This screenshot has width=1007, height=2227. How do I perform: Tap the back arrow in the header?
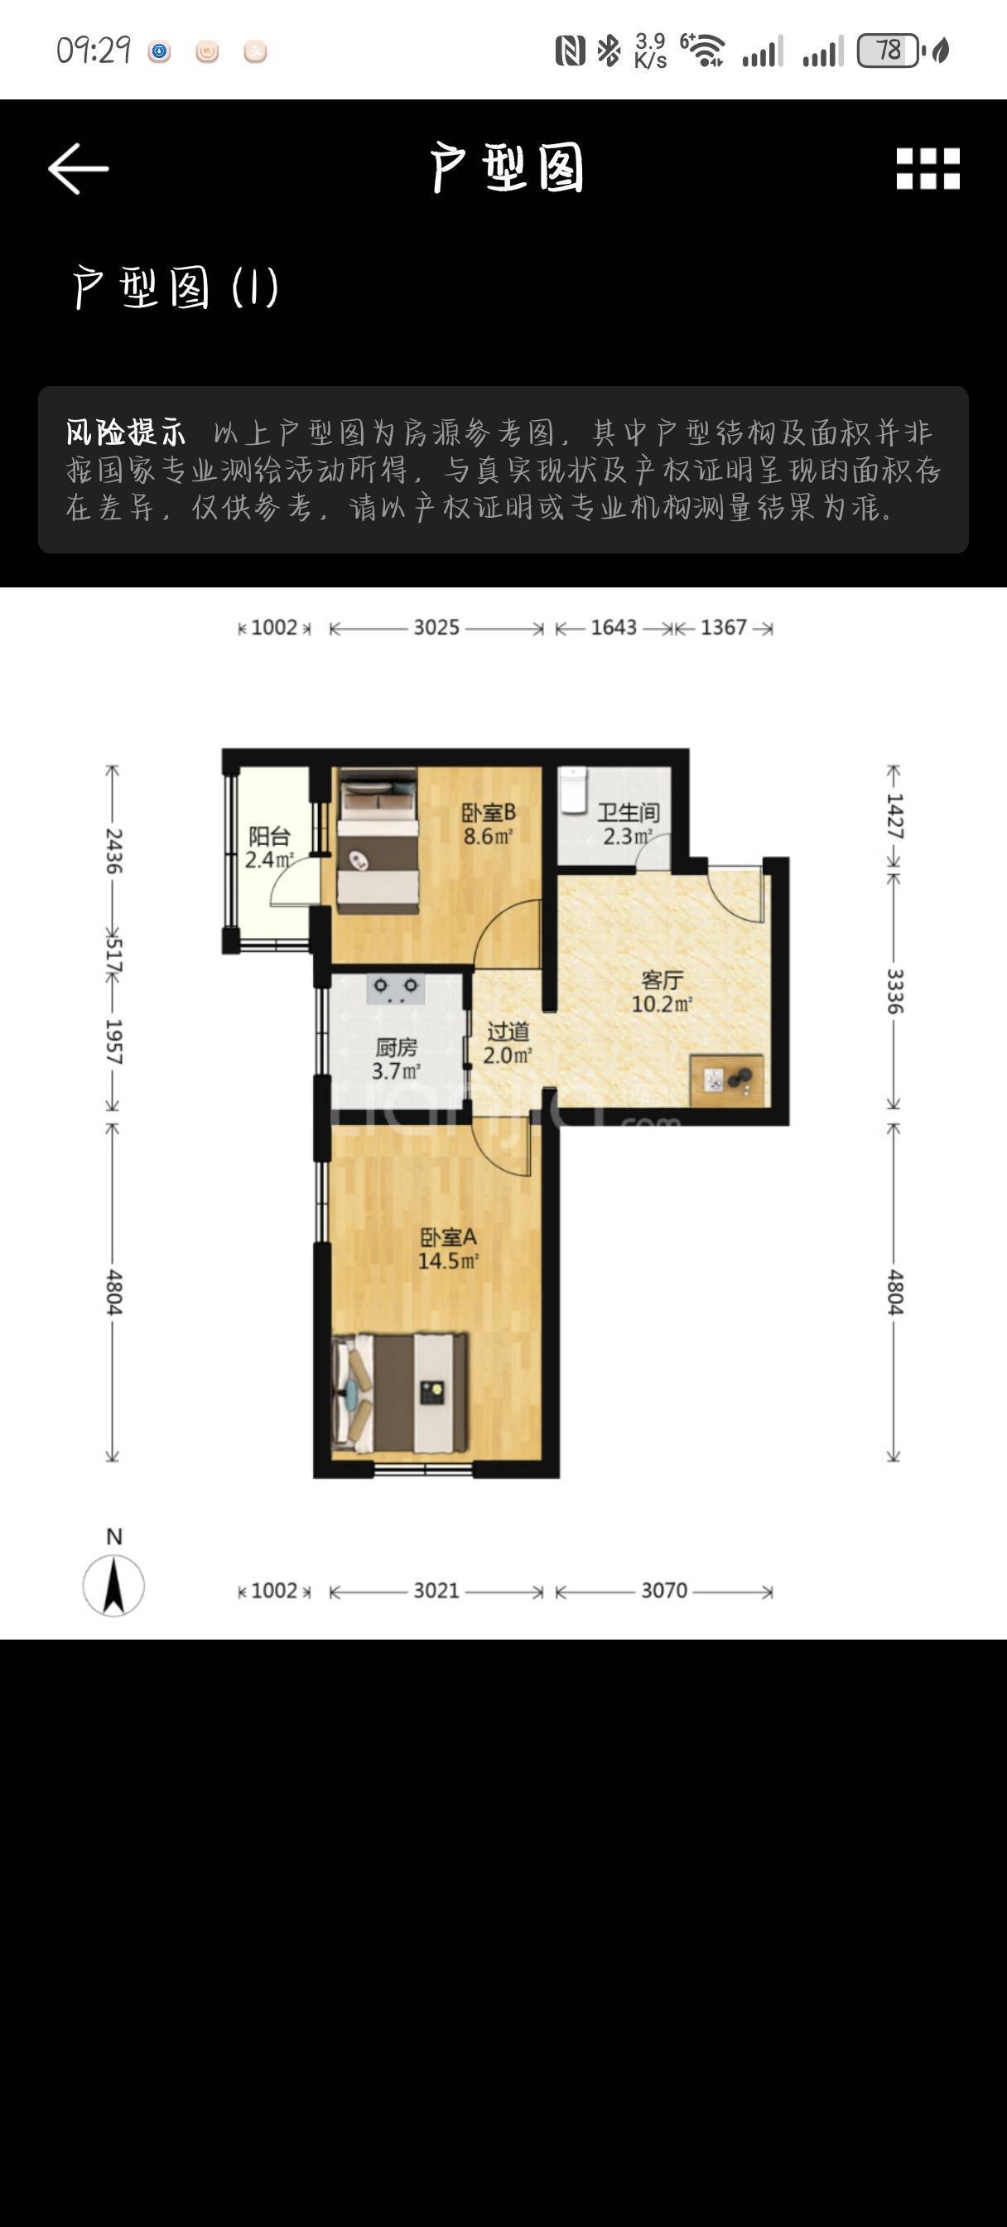point(78,168)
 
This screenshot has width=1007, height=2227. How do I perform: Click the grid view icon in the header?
point(927,168)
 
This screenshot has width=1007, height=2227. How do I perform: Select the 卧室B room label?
point(489,813)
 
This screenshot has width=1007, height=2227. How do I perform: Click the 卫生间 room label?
point(629,813)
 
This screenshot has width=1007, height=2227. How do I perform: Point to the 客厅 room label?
point(662,979)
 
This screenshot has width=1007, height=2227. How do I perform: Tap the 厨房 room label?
point(397,1048)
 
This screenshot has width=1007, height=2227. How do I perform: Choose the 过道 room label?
point(508,1031)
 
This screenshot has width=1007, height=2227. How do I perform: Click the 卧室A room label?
point(448,1237)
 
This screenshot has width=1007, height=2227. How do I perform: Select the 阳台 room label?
point(269,836)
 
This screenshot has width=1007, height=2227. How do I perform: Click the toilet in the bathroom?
point(573,790)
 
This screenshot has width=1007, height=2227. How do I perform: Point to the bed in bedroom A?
point(400,1393)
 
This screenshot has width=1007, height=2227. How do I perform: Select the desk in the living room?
point(727,1080)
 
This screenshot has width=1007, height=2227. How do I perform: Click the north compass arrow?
point(113,1586)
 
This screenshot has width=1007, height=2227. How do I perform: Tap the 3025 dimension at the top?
point(436,628)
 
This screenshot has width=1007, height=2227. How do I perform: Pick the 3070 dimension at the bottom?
point(664,1591)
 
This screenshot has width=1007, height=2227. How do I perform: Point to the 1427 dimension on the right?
point(894,817)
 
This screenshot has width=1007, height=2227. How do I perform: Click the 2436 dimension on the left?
point(113,851)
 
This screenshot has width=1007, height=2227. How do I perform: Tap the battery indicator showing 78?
point(889,51)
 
